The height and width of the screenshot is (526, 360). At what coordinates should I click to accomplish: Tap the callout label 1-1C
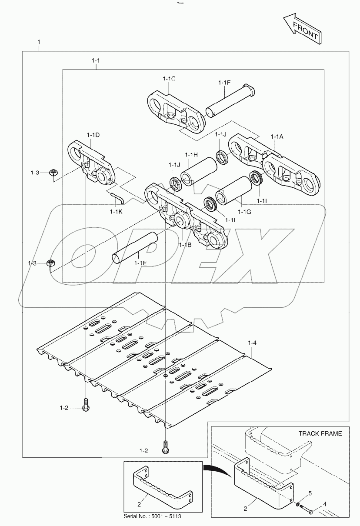(169, 79)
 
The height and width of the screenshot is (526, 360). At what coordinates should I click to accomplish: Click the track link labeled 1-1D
(91, 163)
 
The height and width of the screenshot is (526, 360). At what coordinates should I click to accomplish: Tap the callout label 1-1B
(185, 245)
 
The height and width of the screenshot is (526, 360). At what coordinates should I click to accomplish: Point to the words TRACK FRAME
(320, 433)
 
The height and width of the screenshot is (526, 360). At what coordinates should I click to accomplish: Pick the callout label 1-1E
(140, 263)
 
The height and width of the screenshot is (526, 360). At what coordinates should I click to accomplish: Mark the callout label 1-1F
(224, 82)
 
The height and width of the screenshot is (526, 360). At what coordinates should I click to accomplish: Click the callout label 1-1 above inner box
(96, 61)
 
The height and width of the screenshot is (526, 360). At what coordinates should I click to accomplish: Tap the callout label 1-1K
(117, 212)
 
